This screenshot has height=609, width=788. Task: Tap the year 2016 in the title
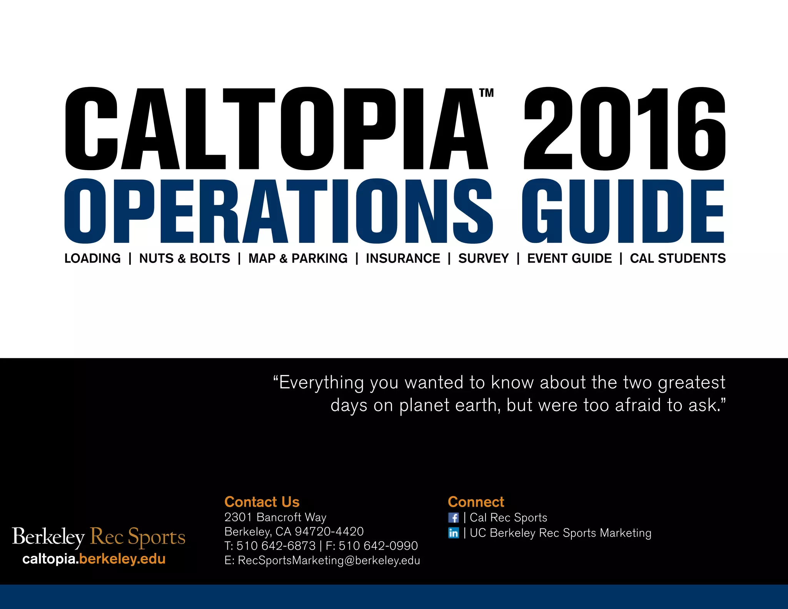pos(624,129)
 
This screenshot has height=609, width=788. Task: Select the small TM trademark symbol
pos(486,93)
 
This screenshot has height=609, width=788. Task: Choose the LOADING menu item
pos(92,258)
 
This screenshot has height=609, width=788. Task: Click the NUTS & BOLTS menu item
pos(184,258)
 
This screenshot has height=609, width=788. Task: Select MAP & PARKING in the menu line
pos(298,258)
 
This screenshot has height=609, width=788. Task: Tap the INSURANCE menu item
pos(403,258)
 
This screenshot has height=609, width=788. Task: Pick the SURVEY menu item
pos(483,258)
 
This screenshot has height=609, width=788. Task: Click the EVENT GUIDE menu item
pos(569,258)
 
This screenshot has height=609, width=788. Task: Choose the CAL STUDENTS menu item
pos(678,258)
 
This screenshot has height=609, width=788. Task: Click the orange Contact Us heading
pos(262,502)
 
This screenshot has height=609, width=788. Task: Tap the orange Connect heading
pos(476,502)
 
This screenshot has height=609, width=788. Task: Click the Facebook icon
pos(454,518)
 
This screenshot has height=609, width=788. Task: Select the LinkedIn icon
pos(454,533)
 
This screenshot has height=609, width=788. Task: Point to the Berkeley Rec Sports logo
pos(98,537)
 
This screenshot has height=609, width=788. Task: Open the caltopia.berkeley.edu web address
pos(94,559)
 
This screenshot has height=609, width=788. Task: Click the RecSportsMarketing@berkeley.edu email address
pos(329,560)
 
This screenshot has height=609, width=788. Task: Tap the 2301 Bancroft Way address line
pos(275,517)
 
